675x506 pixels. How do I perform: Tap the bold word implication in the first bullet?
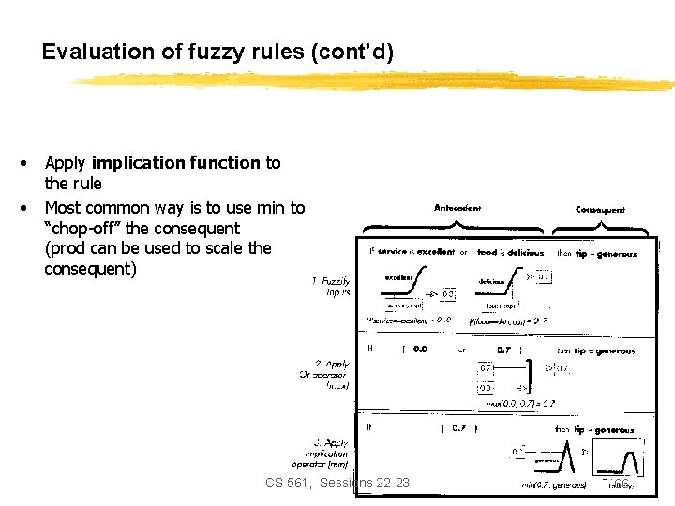click(176, 163)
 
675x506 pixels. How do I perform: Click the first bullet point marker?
click(22, 163)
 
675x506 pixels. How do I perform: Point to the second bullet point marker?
click(22, 207)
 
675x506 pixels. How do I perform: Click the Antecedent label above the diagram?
click(457, 208)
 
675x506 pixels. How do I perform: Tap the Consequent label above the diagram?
click(600, 210)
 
